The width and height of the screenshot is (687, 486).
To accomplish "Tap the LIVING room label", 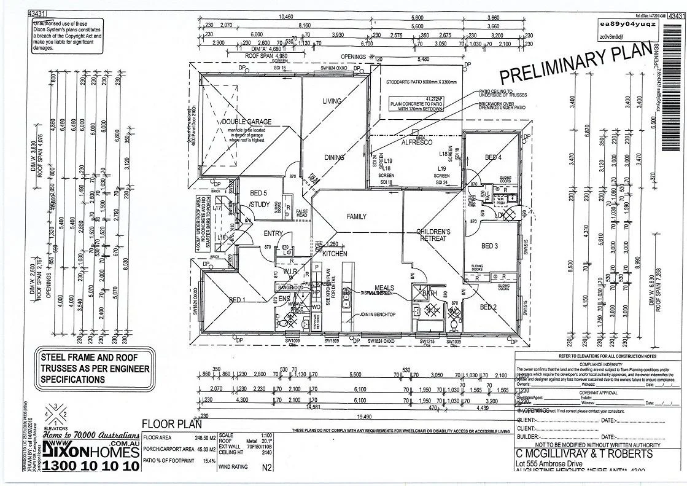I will click(x=332, y=101).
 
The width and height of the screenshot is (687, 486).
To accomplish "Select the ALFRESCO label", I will click(x=417, y=143).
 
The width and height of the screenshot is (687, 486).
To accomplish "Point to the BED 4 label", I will click(x=493, y=158).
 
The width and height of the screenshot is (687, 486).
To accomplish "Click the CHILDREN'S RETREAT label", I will click(x=433, y=235).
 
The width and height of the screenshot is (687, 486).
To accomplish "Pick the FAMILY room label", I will click(x=356, y=216).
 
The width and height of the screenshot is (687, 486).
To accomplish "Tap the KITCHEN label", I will click(x=335, y=253).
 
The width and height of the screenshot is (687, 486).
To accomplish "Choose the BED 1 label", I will click(x=237, y=300).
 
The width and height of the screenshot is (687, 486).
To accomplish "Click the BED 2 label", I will click(x=488, y=307).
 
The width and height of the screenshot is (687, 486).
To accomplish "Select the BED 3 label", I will click(x=489, y=246).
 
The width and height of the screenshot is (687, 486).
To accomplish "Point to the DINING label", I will click(x=334, y=158).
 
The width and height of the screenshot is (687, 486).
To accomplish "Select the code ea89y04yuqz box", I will click(x=630, y=24).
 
